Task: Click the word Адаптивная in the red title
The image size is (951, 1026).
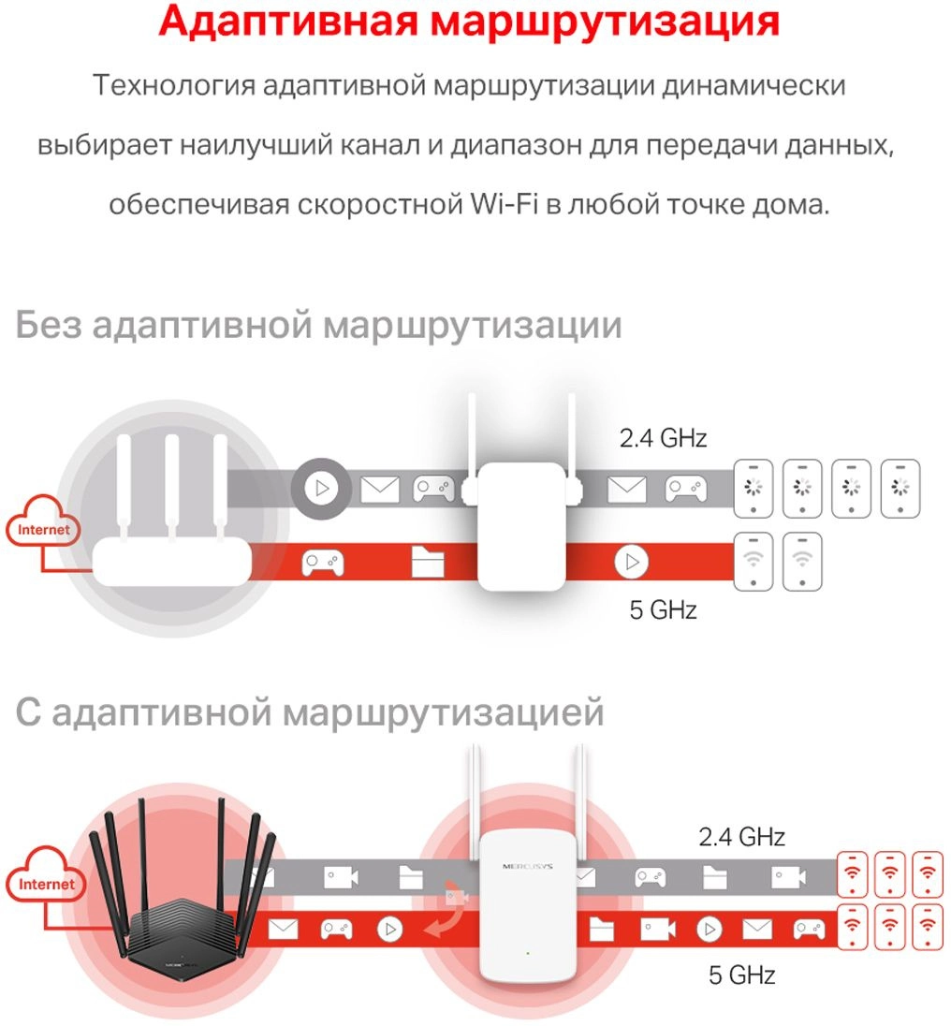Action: (x=287, y=21)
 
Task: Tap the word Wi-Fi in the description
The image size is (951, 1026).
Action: (x=504, y=204)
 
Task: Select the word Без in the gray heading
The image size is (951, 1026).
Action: (x=49, y=324)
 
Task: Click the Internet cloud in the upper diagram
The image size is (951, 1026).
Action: (x=42, y=523)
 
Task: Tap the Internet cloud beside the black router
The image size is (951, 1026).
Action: (x=45, y=878)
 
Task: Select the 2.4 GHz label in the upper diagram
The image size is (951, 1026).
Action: (x=664, y=438)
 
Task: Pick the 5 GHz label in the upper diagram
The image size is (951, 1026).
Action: (x=664, y=609)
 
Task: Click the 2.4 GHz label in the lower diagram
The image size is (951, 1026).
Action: (x=741, y=837)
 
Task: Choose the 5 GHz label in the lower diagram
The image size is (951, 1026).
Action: (x=741, y=975)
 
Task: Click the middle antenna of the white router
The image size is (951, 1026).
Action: (x=171, y=488)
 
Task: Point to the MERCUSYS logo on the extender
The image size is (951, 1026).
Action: (x=528, y=866)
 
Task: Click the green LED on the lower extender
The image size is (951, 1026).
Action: (x=528, y=953)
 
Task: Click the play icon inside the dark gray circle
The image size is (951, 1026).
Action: (x=322, y=488)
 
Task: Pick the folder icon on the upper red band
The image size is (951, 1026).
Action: (x=428, y=562)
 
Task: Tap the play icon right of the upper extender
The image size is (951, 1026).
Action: (x=631, y=562)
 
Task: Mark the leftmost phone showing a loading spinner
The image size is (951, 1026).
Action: (x=753, y=489)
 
